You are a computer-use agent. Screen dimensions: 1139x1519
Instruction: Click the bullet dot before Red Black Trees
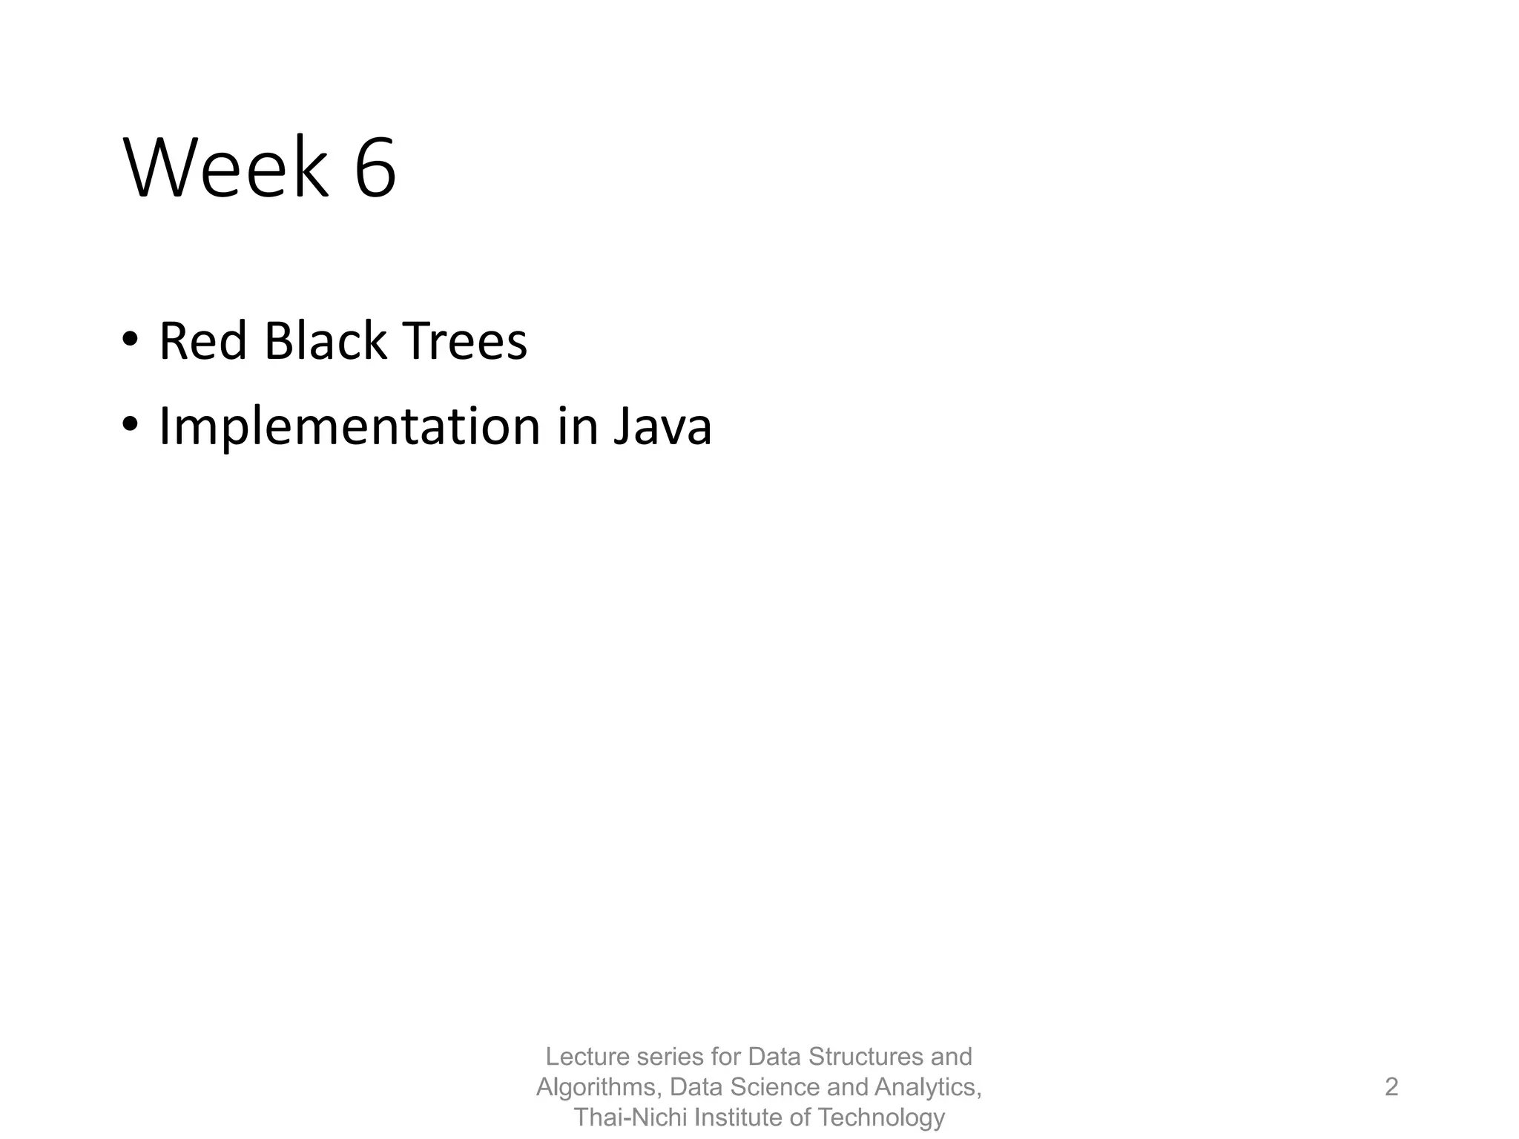click(x=130, y=340)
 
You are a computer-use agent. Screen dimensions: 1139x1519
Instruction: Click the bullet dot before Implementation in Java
click(x=130, y=425)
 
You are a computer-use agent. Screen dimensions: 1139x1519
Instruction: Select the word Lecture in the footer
click(x=587, y=1057)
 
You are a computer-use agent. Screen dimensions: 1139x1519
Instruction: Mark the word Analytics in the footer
click(x=928, y=1087)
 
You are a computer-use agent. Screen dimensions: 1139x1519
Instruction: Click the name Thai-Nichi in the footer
click(x=630, y=1117)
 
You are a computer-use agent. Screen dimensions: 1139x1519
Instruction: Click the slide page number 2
click(x=1391, y=1087)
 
